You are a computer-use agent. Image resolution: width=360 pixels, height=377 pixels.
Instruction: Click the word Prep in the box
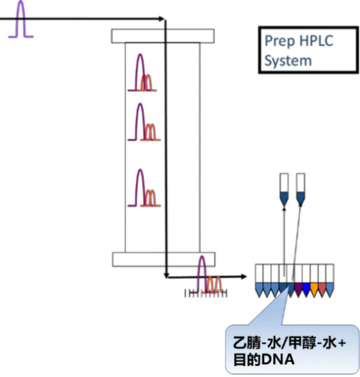coord(277,41)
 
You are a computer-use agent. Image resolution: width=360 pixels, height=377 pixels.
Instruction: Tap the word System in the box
coord(288,60)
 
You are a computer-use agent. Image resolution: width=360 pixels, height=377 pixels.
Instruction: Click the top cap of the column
coord(163,36)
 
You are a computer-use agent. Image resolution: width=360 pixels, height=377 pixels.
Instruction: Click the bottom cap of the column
coord(163,259)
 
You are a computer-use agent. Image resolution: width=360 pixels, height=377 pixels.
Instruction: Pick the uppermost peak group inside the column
coord(143,73)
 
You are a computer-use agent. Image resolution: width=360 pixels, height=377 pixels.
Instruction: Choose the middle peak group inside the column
coord(143,123)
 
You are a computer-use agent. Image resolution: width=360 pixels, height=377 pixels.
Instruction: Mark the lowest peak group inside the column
coord(143,189)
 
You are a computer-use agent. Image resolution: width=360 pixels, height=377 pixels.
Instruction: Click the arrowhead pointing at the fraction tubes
coord(244,276)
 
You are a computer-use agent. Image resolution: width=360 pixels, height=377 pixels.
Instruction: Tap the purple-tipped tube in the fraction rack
coord(298,288)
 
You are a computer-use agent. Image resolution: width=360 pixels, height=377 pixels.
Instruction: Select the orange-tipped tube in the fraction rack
coord(314,288)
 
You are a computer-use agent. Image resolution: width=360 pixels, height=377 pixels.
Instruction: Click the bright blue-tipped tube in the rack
coord(306,288)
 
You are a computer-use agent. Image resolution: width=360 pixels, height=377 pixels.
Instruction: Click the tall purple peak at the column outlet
coord(201,272)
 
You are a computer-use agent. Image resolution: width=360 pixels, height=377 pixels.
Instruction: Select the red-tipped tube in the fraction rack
coord(322,288)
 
